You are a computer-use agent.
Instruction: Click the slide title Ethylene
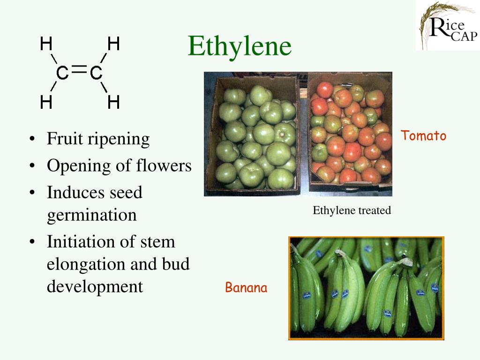coord(240,46)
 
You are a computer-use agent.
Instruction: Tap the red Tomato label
coord(423,136)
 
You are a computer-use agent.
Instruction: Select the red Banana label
coord(246,287)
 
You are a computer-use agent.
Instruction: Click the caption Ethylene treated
coord(352,210)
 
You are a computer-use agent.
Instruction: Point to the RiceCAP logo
coord(447,25)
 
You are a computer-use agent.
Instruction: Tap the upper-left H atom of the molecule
coord(46,44)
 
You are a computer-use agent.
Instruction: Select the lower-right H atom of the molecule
coord(113,102)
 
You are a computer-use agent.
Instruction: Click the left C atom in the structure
coord(62,73)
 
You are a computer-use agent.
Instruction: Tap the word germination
coord(92,215)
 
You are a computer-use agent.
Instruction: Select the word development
coord(95,286)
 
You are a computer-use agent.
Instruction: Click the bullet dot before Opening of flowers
coord(31,166)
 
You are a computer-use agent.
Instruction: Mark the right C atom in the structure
coord(96,73)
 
